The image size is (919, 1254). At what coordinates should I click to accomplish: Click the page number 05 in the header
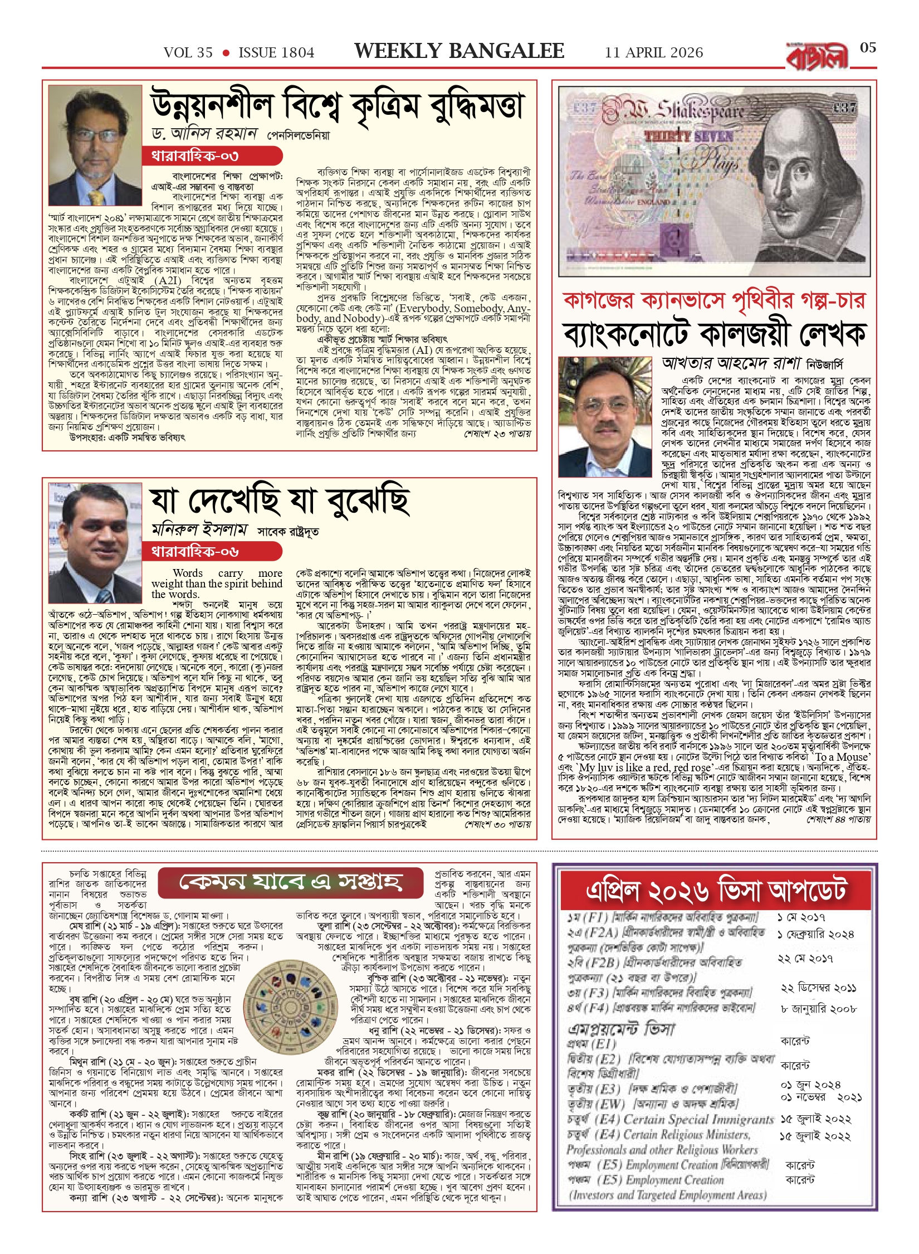868,48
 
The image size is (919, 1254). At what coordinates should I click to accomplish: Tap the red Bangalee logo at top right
817,57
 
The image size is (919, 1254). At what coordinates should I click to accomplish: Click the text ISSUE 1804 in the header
276,53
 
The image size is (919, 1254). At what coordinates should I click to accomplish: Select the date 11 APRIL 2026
654,53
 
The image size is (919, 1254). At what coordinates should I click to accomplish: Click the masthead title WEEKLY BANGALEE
459,51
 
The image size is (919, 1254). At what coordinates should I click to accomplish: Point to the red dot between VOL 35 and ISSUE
226,53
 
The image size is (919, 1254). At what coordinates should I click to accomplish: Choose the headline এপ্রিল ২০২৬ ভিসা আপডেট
716,891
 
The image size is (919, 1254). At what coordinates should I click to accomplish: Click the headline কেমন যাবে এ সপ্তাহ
290,882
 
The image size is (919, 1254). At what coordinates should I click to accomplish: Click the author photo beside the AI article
95,146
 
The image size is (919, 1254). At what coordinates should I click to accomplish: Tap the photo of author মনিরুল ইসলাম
95,542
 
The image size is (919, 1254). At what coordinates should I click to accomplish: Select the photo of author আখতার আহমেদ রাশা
605,417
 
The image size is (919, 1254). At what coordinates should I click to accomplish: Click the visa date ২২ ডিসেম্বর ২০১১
818,988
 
